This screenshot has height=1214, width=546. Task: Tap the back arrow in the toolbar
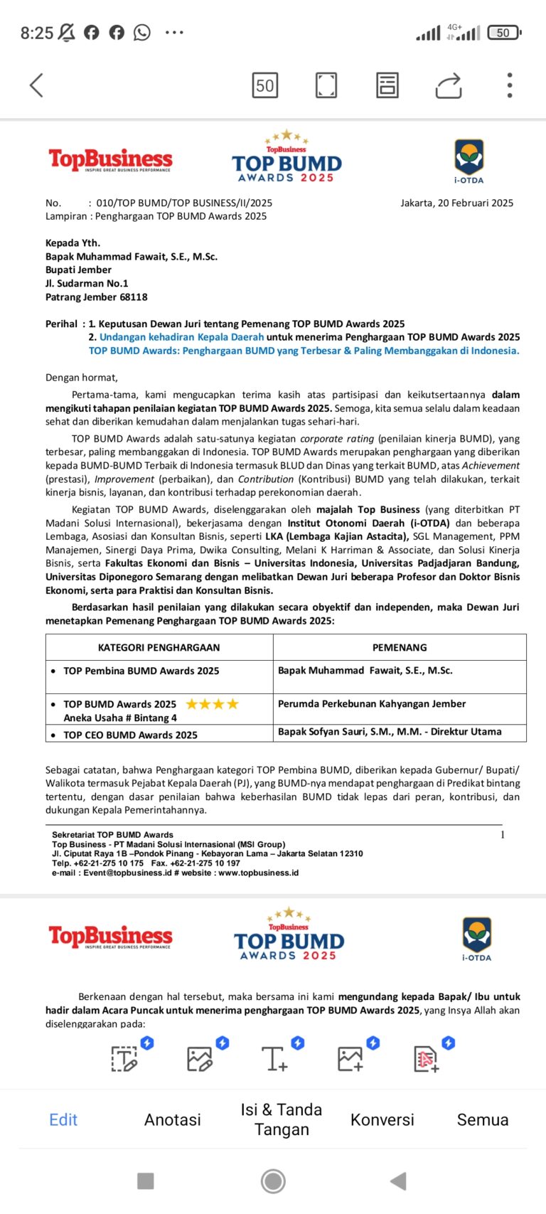click(x=36, y=85)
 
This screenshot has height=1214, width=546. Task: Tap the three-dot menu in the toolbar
click(x=509, y=85)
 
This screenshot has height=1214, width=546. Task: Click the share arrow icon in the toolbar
click(x=449, y=85)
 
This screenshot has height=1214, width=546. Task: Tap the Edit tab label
click(x=63, y=1119)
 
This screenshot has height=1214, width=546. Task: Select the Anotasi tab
click(x=172, y=1119)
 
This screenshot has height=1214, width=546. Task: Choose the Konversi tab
click(x=382, y=1119)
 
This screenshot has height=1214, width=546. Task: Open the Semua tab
click(x=482, y=1119)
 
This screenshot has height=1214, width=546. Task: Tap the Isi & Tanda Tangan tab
click(x=282, y=1119)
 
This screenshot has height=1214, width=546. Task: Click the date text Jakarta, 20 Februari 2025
click(x=456, y=203)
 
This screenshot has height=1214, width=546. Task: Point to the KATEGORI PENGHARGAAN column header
click(x=159, y=647)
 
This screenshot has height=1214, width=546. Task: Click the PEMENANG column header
click(x=400, y=647)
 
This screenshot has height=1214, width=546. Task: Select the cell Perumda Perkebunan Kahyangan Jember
click(x=372, y=703)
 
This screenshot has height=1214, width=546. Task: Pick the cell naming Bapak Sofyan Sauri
click(x=390, y=731)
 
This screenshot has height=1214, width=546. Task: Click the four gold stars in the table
click(x=213, y=704)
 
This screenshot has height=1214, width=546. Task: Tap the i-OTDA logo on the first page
click(x=469, y=161)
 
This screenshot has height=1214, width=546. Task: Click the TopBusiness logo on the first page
click(x=110, y=160)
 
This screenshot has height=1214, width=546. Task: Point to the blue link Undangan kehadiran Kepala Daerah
click(x=181, y=337)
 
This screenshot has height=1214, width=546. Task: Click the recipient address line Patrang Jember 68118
click(x=97, y=297)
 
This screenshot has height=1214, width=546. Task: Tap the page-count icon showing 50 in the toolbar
click(x=265, y=85)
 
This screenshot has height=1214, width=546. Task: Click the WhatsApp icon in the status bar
click(x=142, y=33)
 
